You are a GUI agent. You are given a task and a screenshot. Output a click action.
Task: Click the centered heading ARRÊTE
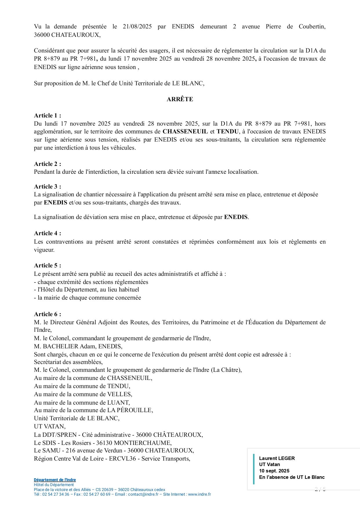coord(180,99)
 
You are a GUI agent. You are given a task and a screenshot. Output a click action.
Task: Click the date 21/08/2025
coord(137,27)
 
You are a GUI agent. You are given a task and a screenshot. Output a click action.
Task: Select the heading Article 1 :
coord(48,115)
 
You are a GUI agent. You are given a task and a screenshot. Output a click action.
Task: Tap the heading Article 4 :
coord(48,233)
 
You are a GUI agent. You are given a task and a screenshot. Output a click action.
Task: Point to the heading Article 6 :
coord(48,314)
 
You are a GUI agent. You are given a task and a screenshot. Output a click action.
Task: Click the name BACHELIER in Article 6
coord(61,346)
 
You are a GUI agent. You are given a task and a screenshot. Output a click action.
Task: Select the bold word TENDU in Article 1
coord(228,132)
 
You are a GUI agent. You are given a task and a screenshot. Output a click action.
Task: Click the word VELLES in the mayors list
coord(119,394)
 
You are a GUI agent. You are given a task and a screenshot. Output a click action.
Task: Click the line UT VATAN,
coord(50,426)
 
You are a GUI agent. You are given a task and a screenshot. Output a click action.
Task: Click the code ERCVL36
coord(122,459)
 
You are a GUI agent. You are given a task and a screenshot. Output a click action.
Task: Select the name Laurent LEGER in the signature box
coord(277,458)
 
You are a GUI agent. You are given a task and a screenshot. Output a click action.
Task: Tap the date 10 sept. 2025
coord(274,471)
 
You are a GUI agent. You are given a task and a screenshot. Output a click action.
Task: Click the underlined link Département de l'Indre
coord(55,480)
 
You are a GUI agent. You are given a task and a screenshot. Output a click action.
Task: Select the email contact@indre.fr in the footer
coord(143,494)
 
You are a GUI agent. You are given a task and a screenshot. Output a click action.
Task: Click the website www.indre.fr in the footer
coord(199,494)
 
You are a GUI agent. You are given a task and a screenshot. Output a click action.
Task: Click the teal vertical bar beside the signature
coord(254,469)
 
